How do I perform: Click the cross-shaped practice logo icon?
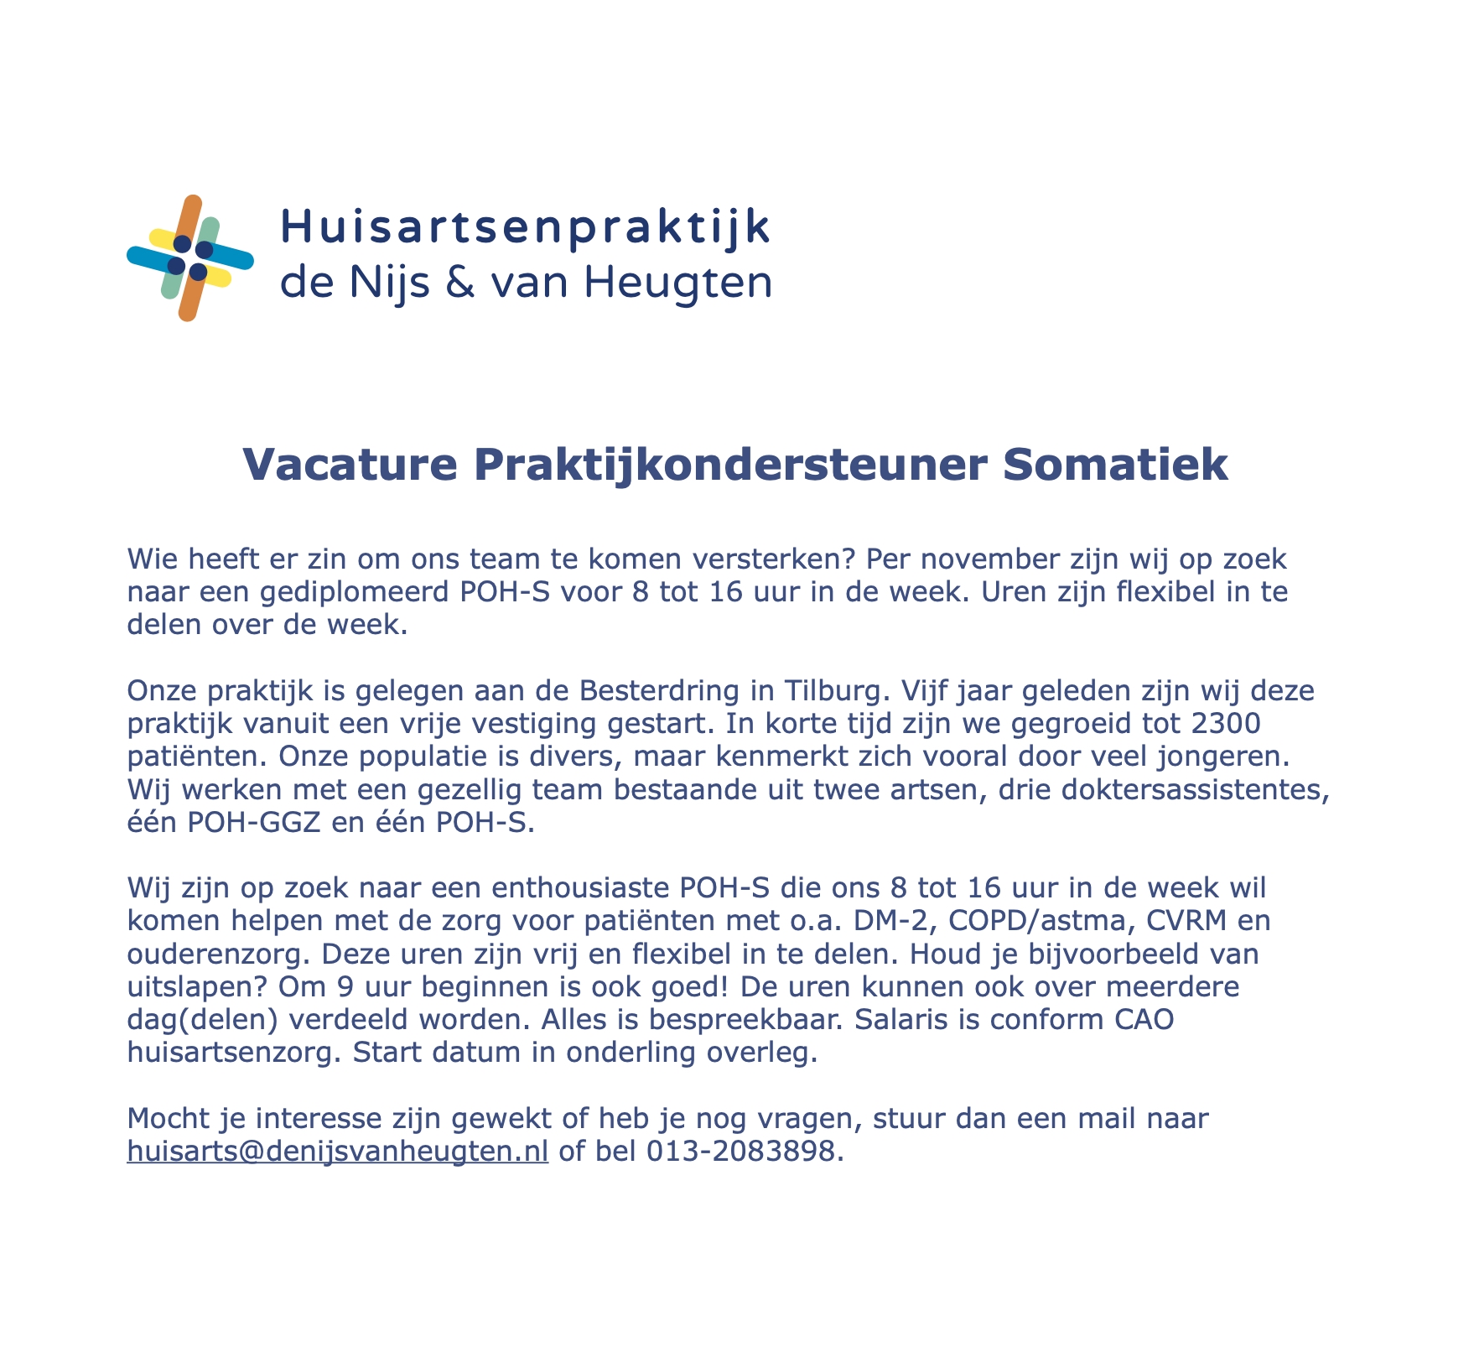pos(189,257)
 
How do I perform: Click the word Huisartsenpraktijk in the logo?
pos(525,228)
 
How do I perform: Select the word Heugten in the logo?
pos(677,283)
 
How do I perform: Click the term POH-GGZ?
pos(253,824)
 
